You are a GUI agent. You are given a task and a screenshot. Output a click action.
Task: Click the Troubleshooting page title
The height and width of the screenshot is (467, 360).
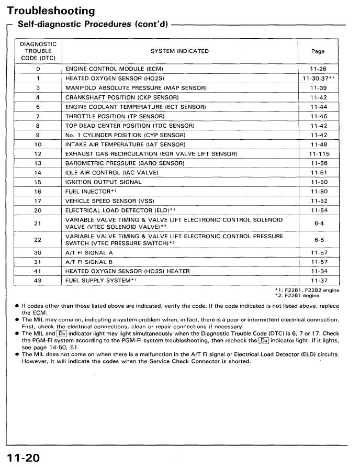point(51,10)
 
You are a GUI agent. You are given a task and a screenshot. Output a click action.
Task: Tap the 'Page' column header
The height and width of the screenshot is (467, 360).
point(318,51)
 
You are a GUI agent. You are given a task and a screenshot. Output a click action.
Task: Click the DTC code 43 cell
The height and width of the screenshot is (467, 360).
point(38,281)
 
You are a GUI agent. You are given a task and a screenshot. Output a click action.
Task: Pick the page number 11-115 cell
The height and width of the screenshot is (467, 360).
point(319,154)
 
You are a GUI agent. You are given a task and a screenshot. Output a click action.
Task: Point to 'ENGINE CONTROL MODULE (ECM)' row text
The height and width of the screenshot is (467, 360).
point(115,69)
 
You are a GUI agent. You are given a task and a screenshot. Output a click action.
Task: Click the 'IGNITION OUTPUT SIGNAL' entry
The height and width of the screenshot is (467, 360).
point(103,182)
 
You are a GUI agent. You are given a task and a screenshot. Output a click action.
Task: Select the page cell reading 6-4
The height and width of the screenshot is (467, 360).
point(319,224)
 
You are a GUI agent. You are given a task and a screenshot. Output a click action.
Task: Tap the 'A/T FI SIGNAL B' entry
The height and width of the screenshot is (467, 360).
point(89,262)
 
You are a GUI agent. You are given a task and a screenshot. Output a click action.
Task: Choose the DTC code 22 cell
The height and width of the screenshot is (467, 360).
point(38,240)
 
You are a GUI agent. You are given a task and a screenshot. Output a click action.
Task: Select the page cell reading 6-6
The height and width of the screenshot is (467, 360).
point(319,240)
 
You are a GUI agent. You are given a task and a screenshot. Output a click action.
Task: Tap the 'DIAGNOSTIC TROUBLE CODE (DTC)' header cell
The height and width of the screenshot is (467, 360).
point(38,51)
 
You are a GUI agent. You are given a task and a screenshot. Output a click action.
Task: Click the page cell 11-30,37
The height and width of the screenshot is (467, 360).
point(319,79)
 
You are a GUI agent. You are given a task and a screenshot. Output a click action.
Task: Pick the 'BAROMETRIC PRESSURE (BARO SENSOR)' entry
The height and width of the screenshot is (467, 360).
point(125,163)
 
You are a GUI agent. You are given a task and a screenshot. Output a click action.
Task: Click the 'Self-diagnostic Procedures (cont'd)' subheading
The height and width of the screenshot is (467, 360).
point(93,24)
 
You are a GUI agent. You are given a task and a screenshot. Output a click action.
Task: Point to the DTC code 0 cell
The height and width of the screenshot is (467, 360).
point(38,69)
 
